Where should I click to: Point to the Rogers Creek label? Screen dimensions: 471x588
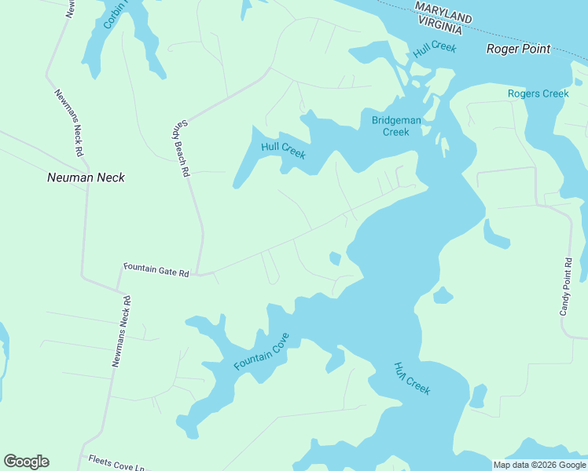click(x=538, y=93)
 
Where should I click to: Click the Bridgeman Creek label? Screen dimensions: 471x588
click(x=396, y=126)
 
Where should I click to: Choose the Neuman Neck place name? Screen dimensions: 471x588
click(x=86, y=177)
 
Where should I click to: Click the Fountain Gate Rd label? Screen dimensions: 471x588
click(x=156, y=273)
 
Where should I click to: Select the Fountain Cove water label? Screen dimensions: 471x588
click(x=262, y=352)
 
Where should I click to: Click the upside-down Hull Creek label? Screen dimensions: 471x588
click(x=412, y=378)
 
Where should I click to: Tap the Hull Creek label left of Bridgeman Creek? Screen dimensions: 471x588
click(x=283, y=149)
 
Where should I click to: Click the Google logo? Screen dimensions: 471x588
click(x=27, y=462)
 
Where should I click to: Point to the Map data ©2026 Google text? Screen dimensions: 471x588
click(x=539, y=465)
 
